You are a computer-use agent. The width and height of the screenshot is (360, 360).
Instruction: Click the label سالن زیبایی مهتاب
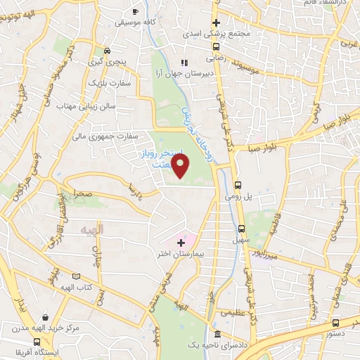[86, 106]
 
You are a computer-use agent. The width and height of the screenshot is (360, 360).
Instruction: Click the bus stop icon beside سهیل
[241, 229]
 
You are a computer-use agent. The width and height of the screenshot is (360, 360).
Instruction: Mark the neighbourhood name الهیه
[92, 229]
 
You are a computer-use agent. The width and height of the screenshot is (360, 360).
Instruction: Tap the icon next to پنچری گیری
[107, 51]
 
